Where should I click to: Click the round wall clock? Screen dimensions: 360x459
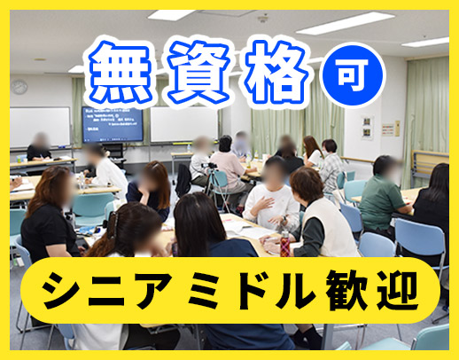[19, 87]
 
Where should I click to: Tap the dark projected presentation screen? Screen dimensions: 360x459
[112, 123]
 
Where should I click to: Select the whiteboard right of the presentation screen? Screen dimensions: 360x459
[183, 125]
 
